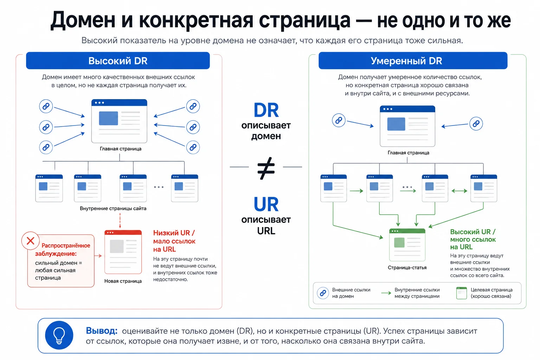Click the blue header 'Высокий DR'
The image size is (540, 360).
pos(118,60)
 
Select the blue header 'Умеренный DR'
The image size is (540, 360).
pos(413,60)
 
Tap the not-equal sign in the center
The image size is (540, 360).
pos(266,168)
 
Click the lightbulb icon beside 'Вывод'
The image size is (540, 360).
pos(59,335)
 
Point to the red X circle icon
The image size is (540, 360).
pos(30,240)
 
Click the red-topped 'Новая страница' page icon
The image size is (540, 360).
pos(123,252)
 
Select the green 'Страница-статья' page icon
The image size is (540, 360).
pos(407,245)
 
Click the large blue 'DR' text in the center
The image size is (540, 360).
pos(266,110)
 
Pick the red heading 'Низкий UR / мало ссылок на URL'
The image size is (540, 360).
pos(174,241)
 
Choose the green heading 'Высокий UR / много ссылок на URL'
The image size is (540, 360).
pos(473,239)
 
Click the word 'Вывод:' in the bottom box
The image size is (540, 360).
pos(102,330)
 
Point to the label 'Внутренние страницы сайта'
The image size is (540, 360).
pos(113,208)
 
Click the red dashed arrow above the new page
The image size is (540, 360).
pos(120,221)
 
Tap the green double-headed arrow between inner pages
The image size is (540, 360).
pos(459,191)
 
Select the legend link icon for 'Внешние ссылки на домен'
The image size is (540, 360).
pos(323,293)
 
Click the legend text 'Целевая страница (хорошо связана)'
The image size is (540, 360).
pos(491,293)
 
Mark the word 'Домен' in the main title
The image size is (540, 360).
pos(83,20)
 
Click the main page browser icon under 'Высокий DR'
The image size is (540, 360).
pos(119,121)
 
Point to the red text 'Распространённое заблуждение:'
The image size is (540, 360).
pos(63,250)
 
